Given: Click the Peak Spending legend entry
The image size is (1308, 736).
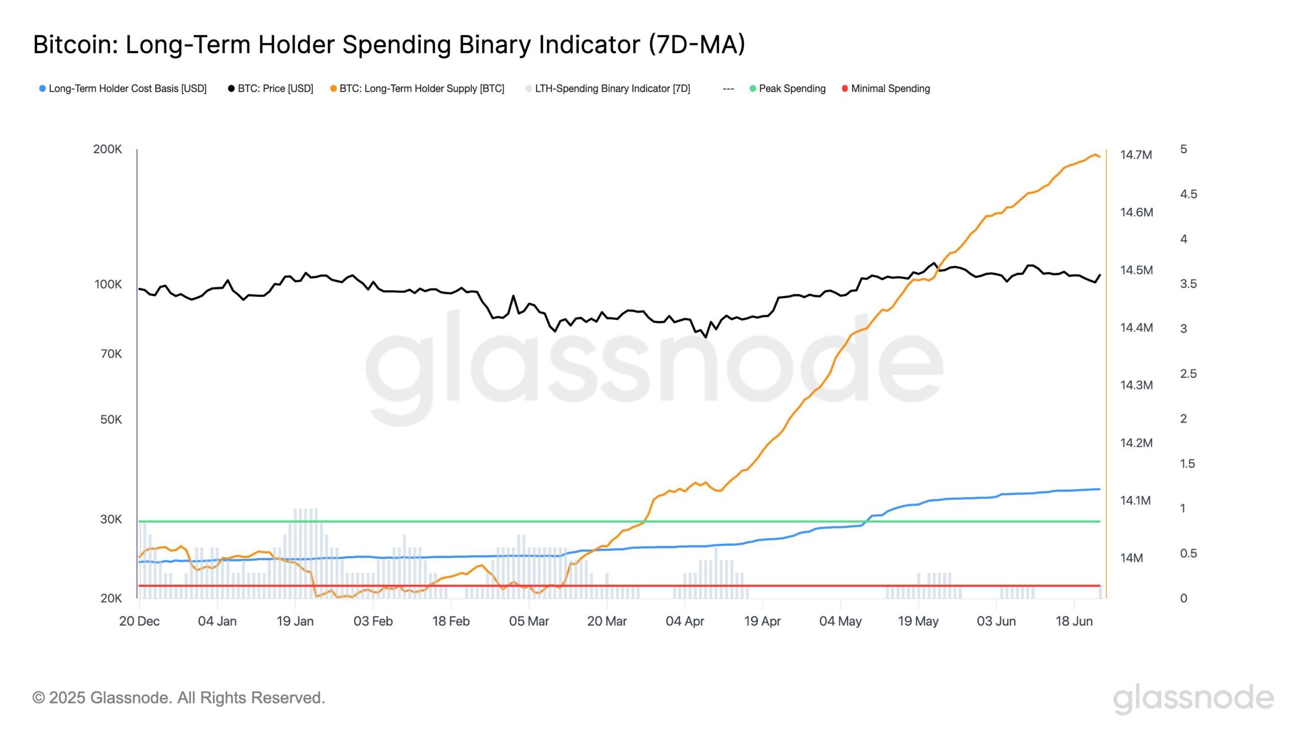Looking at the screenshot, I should [x=791, y=88].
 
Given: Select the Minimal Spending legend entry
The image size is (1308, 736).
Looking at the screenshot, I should [x=890, y=88].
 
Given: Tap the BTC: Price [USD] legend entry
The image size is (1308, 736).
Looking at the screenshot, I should [x=275, y=88].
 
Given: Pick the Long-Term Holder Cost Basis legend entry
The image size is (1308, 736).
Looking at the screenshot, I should [x=127, y=88].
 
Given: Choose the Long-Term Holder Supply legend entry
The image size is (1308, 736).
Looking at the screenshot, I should [x=422, y=88].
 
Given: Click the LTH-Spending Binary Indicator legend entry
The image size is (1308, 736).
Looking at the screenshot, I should [x=612, y=88].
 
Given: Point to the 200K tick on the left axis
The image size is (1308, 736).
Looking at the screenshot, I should [x=107, y=149].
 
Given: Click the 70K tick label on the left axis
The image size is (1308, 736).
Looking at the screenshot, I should [x=111, y=354].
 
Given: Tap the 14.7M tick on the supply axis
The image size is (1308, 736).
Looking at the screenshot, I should [x=1136, y=155].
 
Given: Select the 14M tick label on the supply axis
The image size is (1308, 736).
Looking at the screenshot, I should [x=1131, y=558].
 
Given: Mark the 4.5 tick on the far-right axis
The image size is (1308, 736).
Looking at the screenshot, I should [x=1188, y=194].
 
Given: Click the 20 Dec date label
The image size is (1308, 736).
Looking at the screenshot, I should [x=139, y=622].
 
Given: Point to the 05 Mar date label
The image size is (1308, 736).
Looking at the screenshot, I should [x=529, y=622].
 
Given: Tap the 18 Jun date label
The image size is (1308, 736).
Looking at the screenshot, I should [x=1074, y=622].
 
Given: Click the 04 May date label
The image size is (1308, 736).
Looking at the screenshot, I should [x=840, y=622].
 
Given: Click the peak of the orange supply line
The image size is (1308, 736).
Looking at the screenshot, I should [x=1094, y=154].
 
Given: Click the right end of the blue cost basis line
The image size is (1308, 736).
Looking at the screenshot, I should [x=1099, y=489].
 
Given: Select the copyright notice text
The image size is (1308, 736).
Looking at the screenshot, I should [x=178, y=698].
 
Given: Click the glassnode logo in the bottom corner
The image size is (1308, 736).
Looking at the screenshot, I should [x=1193, y=698].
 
